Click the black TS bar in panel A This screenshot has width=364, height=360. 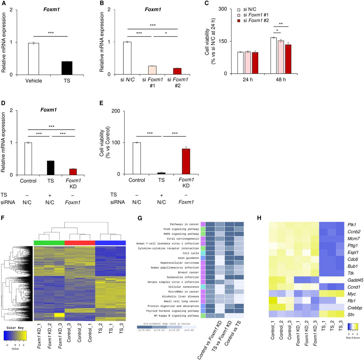pos(67,68)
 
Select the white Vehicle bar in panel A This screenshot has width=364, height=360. pos(34,59)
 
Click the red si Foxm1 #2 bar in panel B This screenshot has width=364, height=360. pos(177,71)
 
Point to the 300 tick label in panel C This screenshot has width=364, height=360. pos(223,9)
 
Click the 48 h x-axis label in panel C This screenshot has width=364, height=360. pos(280,80)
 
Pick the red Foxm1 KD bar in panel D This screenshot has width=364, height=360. pos(73,172)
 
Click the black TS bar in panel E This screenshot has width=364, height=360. pos(161,173)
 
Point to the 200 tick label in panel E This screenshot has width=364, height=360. pos(116,111)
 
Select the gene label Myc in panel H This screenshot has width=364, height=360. pos(351,294)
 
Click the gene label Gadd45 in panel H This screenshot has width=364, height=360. pos(355,280)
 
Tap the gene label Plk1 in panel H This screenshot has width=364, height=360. pos(351,225)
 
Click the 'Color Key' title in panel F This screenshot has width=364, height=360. pos(15,328)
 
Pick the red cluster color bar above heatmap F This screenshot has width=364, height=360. pos(80,243)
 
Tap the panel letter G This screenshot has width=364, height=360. pos(140,218)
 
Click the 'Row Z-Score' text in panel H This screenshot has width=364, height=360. pos(353,338)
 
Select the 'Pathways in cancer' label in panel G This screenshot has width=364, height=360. pos(184,224)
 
